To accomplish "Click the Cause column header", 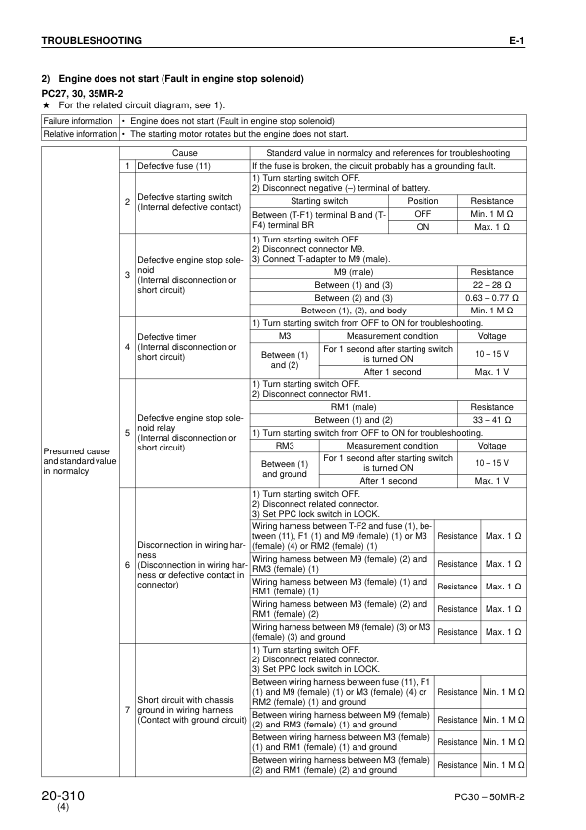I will pyautogui.click(x=185, y=154).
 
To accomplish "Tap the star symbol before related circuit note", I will pyautogui.click(x=45, y=104).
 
